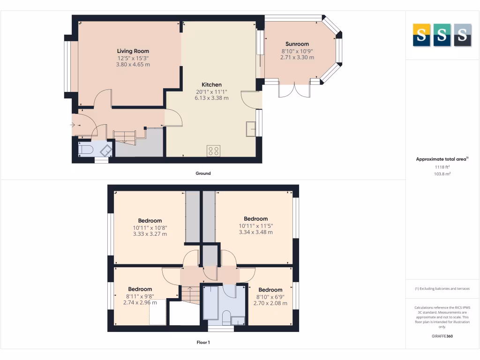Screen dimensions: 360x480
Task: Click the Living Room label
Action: pyautogui.click(x=133, y=51)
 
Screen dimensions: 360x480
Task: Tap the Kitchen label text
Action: pyautogui.click(x=211, y=85)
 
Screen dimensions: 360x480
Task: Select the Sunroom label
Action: pyautogui.click(x=297, y=44)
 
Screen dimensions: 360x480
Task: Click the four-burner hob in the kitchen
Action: pyautogui.click(x=213, y=150)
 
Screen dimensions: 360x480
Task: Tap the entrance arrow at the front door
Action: pyautogui.click(x=73, y=125)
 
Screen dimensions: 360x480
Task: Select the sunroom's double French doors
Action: pyautogui.click(x=294, y=90)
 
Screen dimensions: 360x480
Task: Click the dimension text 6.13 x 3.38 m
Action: pyautogui.click(x=211, y=98)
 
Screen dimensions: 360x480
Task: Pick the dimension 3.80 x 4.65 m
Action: pyautogui.click(x=133, y=64)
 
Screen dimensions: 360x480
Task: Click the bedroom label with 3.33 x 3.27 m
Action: pyautogui.click(x=150, y=221)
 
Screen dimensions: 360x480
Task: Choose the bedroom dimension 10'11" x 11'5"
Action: pyautogui.click(x=255, y=225)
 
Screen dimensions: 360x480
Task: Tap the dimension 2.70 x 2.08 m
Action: pyautogui.click(x=270, y=303)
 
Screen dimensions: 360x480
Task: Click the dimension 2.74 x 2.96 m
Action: pyautogui.click(x=140, y=302)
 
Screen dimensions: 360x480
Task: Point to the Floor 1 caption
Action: pyautogui.click(x=203, y=343)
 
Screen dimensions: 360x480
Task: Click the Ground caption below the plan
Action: pyautogui.click(x=203, y=173)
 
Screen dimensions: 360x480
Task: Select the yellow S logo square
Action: pyautogui.click(x=421, y=35)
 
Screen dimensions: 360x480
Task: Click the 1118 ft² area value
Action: pyautogui.click(x=442, y=167)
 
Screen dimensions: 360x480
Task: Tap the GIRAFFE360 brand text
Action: pyautogui.click(x=442, y=336)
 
